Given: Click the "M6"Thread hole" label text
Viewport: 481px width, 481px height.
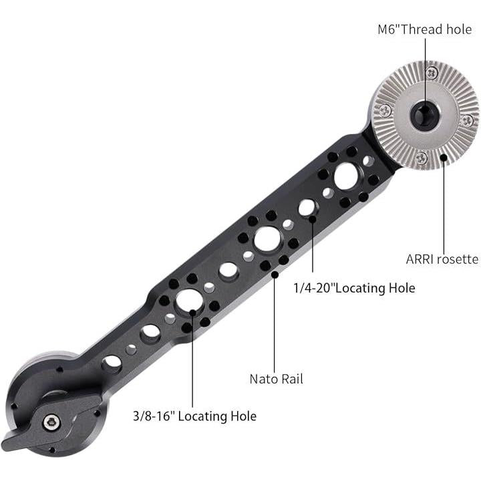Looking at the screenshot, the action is pyautogui.click(x=425, y=29).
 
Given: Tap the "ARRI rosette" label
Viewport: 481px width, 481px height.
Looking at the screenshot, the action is pyautogui.click(x=442, y=259).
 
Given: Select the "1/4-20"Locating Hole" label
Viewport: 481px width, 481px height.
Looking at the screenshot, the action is pyautogui.click(x=354, y=288).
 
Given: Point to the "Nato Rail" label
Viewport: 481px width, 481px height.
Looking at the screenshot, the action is pyautogui.click(x=276, y=379).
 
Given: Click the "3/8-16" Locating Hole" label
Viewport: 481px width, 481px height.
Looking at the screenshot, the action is pyautogui.click(x=195, y=416).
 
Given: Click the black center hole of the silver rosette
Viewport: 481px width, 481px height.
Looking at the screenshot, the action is pyautogui.click(x=425, y=114).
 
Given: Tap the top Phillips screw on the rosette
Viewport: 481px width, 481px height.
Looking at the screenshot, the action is pyautogui.click(x=432, y=73).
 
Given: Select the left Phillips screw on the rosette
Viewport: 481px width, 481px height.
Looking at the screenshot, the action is pyautogui.click(x=385, y=110).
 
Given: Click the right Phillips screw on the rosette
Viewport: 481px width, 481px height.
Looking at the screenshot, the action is pyautogui.click(x=468, y=120).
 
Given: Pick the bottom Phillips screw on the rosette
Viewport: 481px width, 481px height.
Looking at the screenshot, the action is pyautogui.click(x=422, y=158).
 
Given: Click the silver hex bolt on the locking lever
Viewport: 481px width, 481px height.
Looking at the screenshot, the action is pyautogui.click(x=51, y=423).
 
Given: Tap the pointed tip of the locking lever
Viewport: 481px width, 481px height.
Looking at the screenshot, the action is pyautogui.click(x=3, y=444).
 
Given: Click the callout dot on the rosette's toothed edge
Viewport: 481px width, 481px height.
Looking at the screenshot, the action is pyautogui.click(x=444, y=158).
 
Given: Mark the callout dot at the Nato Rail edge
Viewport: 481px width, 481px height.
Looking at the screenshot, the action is pyautogui.click(x=275, y=275).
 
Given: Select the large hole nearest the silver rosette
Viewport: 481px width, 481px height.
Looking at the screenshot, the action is pyautogui.click(x=346, y=176).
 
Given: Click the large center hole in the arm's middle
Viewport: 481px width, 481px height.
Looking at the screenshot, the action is pyautogui.click(x=267, y=240).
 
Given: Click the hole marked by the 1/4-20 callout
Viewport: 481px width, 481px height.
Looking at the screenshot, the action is pyautogui.click(x=307, y=208).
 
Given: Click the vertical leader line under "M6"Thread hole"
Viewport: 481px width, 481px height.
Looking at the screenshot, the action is pyautogui.click(x=425, y=76).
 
